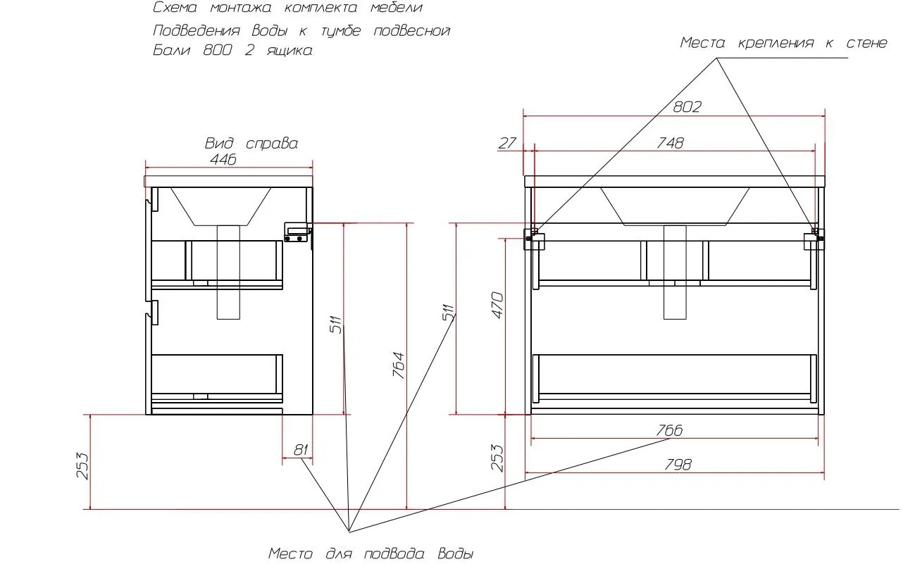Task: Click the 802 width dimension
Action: pos(687,107)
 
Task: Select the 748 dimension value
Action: pos(671,143)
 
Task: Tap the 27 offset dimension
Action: pos(507,144)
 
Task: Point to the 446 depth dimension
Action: pos(223,159)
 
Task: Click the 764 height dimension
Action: pos(399,365)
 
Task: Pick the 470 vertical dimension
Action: pos(497,305)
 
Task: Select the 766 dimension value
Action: pos(669,430)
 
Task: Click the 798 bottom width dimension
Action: pos(678,465)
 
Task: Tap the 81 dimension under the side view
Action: pos(301,450)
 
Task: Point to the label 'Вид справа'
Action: pos(251,144)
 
